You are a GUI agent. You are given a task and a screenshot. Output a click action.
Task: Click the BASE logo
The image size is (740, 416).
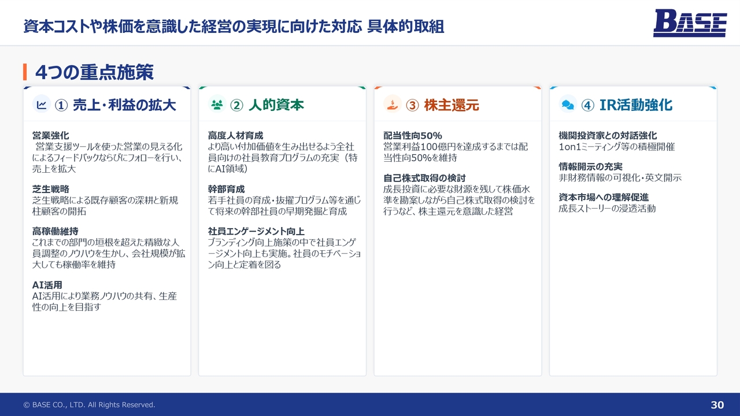[690, 23]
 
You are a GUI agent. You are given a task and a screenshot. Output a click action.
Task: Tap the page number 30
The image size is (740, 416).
[717, 405]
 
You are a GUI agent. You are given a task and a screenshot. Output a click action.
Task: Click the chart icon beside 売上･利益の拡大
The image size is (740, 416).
[42, 105]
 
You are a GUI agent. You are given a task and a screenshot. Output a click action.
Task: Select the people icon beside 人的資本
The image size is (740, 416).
[217, 105]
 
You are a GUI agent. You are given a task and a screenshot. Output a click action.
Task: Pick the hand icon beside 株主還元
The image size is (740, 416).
[393, 105]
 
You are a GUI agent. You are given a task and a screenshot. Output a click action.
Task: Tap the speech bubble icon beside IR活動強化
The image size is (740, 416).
[568, 105]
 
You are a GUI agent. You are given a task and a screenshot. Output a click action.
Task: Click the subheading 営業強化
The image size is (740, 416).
[50, 136]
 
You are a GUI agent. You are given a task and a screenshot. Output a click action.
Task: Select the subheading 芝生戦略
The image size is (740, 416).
[50, 189]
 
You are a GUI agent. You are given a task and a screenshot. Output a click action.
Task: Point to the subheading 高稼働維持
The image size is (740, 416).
[55, 232]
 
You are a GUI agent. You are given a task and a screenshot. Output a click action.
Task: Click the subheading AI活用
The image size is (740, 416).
[47, 285]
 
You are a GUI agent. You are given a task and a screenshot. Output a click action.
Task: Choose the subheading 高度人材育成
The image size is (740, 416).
[235, 136]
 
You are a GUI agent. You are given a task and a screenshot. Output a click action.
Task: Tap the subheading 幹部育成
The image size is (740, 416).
[226, 189]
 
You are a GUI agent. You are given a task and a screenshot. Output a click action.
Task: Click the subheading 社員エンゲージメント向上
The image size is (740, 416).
[256, 232]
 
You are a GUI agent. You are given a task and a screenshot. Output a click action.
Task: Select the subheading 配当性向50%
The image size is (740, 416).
[413, 136]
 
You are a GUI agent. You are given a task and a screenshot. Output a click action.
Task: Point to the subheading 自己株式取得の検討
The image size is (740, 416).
[424, 179]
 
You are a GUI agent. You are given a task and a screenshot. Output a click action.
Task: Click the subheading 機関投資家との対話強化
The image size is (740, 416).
[608, 136]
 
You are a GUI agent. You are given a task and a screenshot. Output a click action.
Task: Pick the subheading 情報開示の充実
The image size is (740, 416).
[591, 167]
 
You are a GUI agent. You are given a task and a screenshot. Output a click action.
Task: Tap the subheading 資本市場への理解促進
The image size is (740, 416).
[604, 198]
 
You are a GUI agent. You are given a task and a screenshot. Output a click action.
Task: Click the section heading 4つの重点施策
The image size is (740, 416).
[94, 72]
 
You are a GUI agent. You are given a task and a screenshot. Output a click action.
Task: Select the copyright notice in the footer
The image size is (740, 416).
[89, 405]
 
